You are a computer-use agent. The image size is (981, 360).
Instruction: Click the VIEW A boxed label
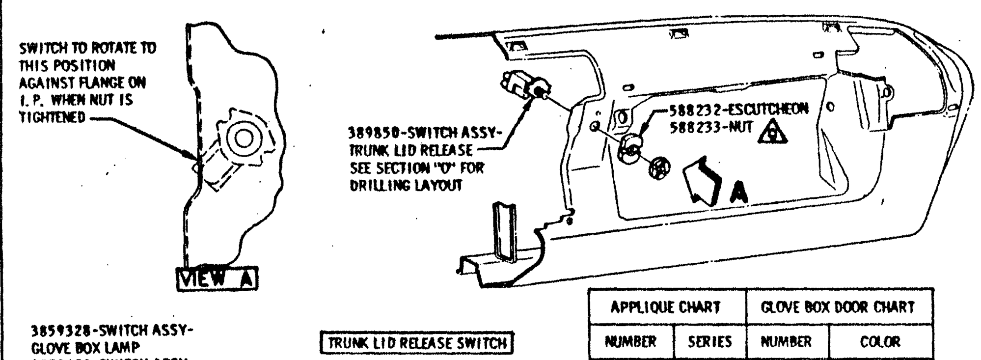[x=217, y=279]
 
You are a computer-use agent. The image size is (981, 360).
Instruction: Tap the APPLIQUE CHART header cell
[x=665, y=307]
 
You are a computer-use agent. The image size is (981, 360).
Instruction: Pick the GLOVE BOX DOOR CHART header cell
[x=837, y=307]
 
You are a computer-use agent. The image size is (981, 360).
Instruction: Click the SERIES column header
[x=710, y=342]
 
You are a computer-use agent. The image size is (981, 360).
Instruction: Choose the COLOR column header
[x=880, y=342]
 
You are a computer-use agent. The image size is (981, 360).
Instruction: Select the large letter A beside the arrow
[x=738, y=193]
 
